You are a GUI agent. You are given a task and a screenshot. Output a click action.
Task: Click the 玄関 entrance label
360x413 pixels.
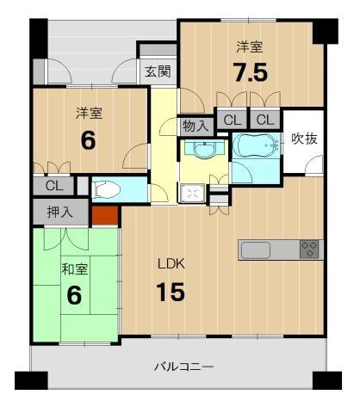click(x=158, y=71)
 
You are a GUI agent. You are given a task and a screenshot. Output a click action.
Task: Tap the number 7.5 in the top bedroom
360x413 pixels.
click(x=251, y=72)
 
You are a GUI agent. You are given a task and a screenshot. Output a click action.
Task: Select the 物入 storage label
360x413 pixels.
click(x=196, y=126)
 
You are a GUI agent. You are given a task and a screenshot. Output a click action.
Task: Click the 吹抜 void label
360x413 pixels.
click(x=304, y=139)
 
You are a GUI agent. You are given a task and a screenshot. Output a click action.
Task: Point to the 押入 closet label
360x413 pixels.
click(x=60, y=213)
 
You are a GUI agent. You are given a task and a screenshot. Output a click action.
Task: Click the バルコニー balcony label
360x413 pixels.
click(x=184, y=367)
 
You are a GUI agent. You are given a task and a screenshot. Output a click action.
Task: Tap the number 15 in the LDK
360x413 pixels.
click(x=171, y=292)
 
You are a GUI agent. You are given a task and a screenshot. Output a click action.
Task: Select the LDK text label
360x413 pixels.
click(x=172, y=263)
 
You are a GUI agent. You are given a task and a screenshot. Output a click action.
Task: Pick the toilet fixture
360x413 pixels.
click(x=106, y=188)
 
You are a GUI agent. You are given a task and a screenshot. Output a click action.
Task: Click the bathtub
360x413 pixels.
click(x=256, y=145)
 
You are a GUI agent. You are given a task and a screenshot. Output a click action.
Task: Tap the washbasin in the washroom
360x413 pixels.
click(x=204, y=149)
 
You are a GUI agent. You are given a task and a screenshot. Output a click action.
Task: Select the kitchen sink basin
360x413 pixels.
click(x=256, y=250)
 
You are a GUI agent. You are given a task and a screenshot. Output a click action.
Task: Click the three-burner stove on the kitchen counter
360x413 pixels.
click(x=309, y=249)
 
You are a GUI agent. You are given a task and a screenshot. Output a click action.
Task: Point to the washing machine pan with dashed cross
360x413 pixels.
click(x=192, y=194)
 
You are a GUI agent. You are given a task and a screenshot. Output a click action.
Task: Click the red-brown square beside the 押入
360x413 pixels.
click(x=105, y=215)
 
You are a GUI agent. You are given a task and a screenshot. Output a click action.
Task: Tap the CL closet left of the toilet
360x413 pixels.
click(x=54, y=186)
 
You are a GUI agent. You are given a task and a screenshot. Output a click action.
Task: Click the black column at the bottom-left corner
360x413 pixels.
click(x=31, y=380)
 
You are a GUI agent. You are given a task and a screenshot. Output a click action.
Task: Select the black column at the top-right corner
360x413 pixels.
click(x=326, y=31)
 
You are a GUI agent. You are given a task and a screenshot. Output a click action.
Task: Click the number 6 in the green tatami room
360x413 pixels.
click(x=74, y=295)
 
